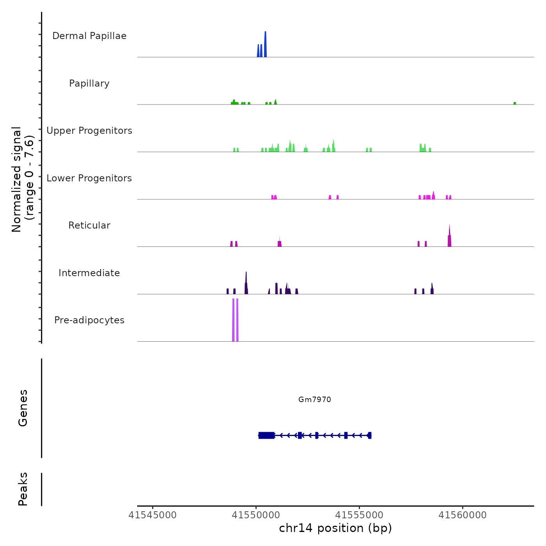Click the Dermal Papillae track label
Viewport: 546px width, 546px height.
click(89, 36)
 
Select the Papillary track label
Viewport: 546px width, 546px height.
click(89, 83)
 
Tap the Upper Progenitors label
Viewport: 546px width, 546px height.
click(89, 131)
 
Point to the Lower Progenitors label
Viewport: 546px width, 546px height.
click(89, 178)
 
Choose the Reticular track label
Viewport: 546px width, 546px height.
click(89, 225)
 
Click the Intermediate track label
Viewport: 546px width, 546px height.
click(89, 273)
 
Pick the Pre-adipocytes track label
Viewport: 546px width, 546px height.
click(89, 320)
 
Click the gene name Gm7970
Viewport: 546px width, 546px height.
click(314, 399)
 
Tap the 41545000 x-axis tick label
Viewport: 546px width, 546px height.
click(152, 515)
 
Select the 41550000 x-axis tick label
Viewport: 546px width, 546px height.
click(256, 515)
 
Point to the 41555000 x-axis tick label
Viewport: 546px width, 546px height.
click(359, 515)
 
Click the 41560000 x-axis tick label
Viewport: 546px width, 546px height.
click(463, 515)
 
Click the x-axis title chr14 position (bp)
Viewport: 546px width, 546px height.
click(335, 528)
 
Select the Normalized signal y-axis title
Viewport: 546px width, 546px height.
click(23, 179)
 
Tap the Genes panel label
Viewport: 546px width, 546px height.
click(23, 408)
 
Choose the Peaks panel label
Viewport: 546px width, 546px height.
click(23, 489)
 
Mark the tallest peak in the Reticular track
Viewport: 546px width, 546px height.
click(449, 236)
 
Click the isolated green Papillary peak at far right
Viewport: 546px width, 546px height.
click(515, 103)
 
